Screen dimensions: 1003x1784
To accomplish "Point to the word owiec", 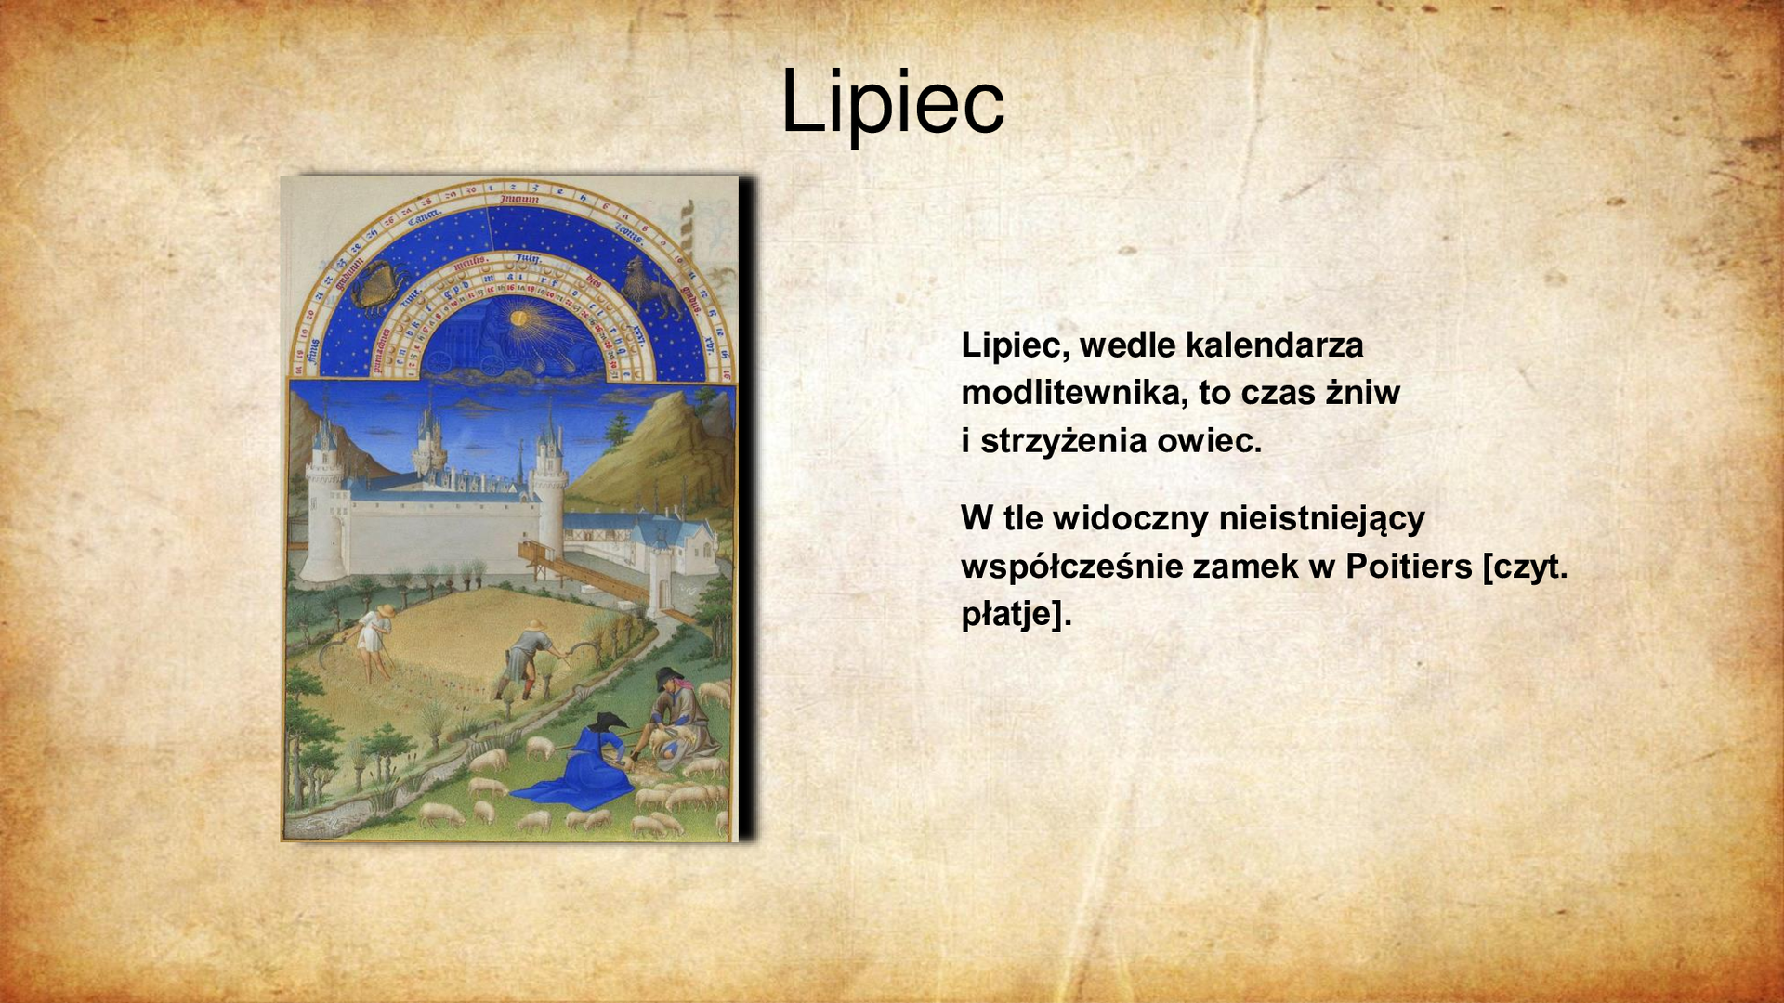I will click(1209, 441).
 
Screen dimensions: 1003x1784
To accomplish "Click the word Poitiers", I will click(1409, 566).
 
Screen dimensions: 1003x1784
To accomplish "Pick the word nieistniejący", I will click(1321, 518).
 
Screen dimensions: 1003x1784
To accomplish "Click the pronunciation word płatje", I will click(1010, 614).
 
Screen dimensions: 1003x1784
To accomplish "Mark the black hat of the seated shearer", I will click(668, 675).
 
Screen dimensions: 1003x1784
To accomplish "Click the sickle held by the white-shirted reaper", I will click(332, 650).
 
